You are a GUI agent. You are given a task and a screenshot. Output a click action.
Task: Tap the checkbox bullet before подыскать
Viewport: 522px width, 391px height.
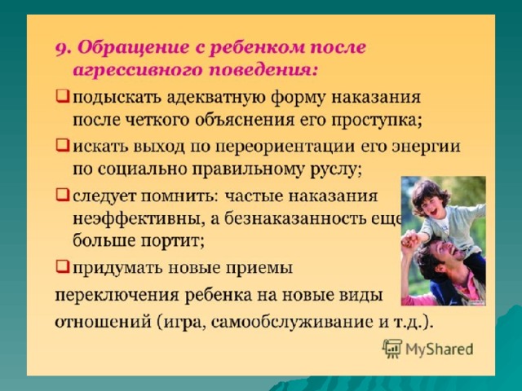point(63,97)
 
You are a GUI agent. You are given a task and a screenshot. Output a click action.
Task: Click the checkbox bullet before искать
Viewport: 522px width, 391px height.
point(63,145)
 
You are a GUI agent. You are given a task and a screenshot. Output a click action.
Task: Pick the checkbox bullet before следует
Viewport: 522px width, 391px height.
point(63,195)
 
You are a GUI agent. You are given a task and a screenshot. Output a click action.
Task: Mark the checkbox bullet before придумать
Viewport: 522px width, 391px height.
point(63,266)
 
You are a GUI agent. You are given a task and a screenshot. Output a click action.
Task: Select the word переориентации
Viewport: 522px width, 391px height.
point(285,147)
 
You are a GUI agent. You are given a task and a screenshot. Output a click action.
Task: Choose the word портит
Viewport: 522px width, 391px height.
point(172,241)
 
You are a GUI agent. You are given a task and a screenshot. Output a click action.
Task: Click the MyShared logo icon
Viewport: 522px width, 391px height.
point(391,349)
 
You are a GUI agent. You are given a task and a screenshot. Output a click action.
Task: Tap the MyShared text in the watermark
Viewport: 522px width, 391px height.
point(439,349)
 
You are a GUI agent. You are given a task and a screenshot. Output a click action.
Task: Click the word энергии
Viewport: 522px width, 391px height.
point(427,147)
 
